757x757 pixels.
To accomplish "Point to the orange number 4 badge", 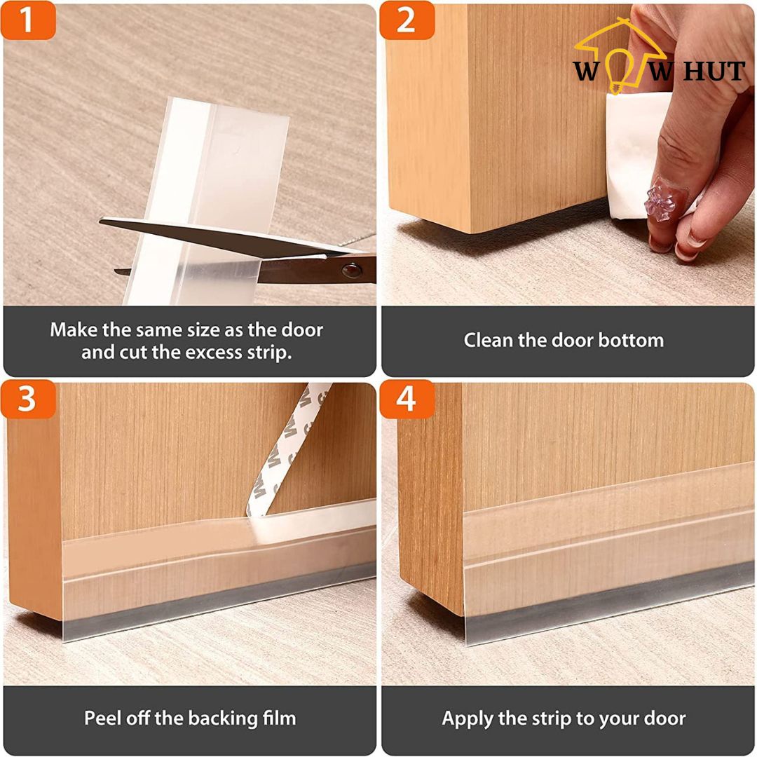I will (407, 400).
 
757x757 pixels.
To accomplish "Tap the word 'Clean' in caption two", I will (488, 341).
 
